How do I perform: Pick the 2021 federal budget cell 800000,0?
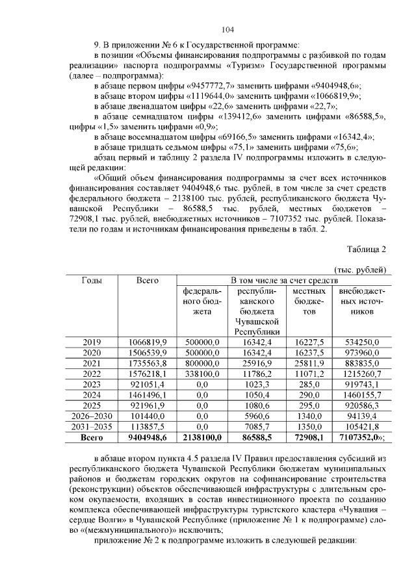[203, 363]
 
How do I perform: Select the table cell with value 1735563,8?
[148, 363]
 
